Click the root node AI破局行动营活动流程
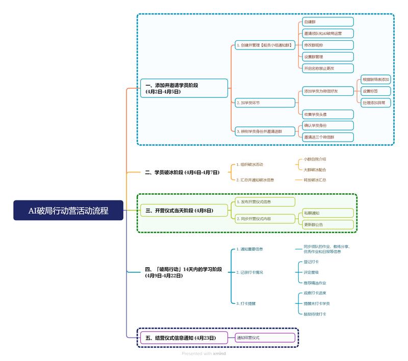[x=68, y=210]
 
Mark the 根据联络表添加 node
[x=375, y=80]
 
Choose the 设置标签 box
[x=375, y=91]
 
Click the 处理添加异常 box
[x=375, y=102]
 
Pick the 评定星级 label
[x=311, y=272]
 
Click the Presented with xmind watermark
[x=204, y=353]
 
